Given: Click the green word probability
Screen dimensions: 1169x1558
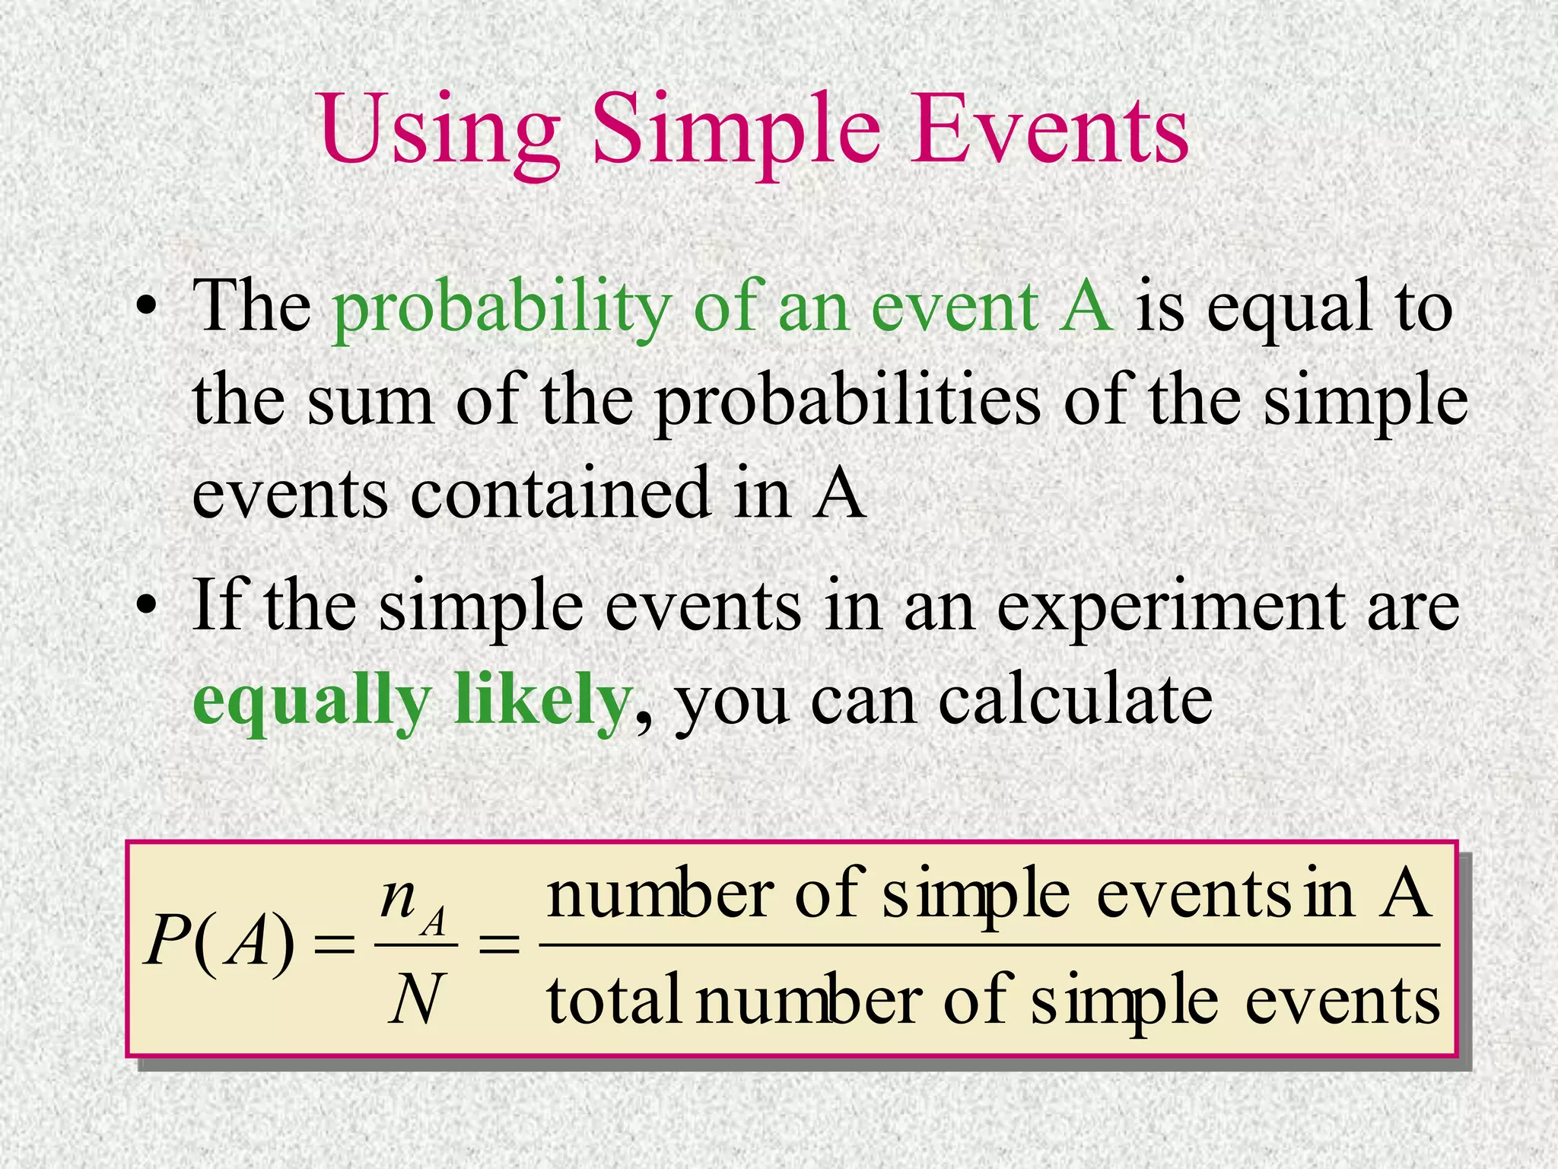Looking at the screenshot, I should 502,308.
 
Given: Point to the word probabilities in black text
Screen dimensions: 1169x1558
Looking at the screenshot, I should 847,402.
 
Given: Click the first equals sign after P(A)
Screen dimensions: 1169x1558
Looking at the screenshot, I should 335,946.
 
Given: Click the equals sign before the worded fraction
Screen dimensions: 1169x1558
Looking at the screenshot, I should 498,946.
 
